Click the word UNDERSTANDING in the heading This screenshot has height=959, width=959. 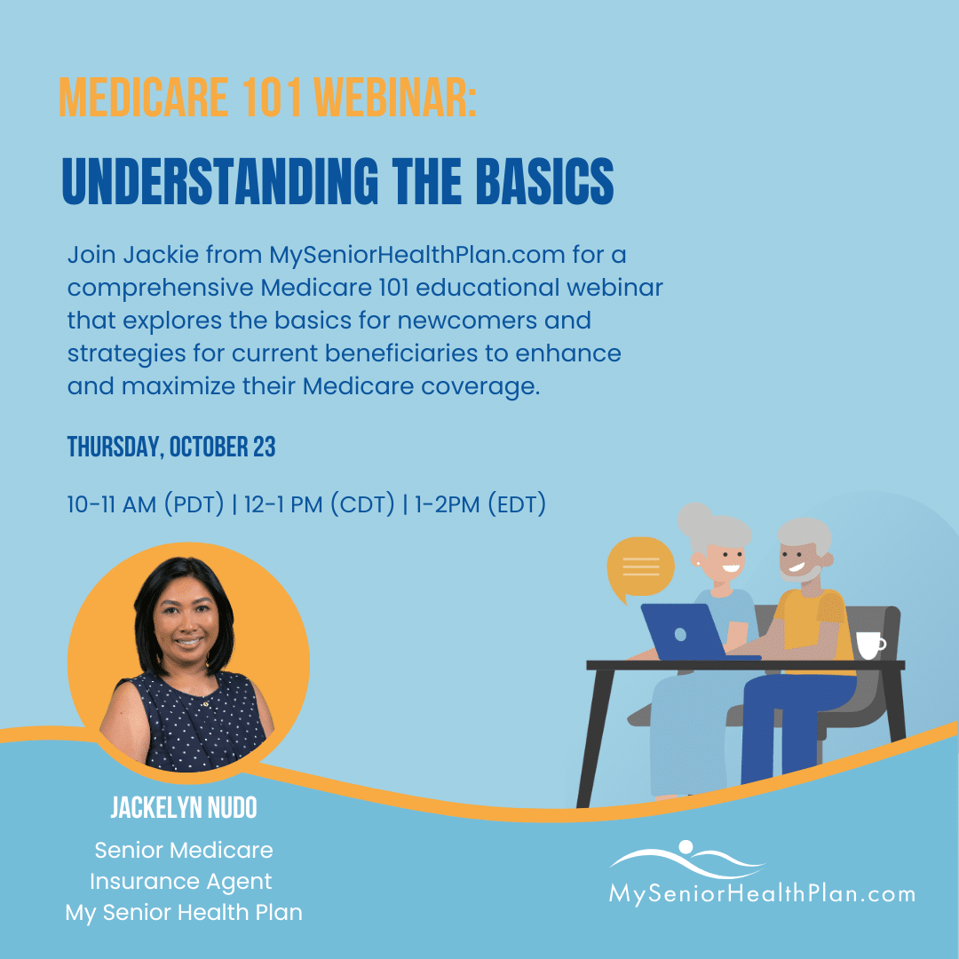pos(220,181)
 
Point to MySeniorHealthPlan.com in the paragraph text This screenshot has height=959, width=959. pos(417,256)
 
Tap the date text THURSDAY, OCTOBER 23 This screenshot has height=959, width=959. pos(171,447)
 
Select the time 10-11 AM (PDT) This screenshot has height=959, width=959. pos(146,504)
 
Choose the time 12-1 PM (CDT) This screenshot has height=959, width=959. pos(320,504)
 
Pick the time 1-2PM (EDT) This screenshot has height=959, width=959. pos(480,504)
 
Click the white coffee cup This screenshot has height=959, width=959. pos(869,646)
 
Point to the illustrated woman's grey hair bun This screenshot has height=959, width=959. pos(694,518)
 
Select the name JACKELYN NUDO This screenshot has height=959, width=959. pos(184,807)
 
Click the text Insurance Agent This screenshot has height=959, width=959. pos(181,882)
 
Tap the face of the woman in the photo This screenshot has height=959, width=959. pos(186,622)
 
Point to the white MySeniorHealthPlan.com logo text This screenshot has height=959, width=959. pos(762,893)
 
